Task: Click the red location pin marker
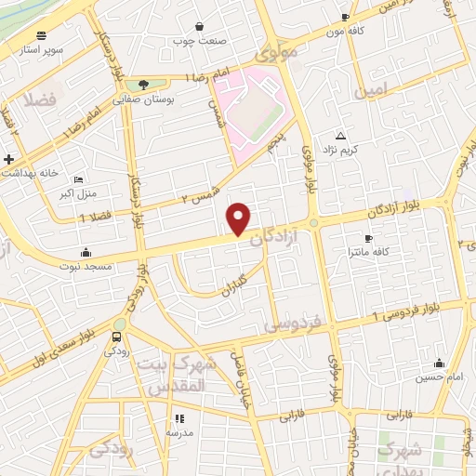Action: (240, 218)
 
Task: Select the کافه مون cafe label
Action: (323, 30)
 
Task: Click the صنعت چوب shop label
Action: (199, 41)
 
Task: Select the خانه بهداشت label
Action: (34, 173)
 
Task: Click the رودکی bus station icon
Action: (117, 337)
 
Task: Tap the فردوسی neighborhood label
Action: (292, 324)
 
